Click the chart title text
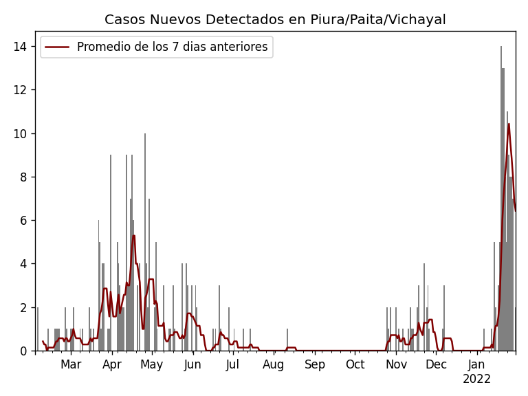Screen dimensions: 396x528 click(x=275, y=20)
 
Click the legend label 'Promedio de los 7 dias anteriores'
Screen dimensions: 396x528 click(x=172, y=47)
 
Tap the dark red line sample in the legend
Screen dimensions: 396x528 click(x=58, y=47)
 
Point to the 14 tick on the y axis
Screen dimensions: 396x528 click(x=20, y=47)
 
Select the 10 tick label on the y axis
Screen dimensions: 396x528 click(x=20, y=133)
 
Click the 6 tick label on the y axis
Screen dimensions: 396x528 click(x=23, y=221)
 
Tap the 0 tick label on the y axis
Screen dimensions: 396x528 click(x=23, y=351)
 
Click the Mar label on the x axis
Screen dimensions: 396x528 click(x=71, y=365)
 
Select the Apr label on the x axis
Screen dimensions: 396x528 click(x=111, y=365)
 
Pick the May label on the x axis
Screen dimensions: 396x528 click(x=151, y=365)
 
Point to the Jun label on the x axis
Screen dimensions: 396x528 click(x=192, y=365)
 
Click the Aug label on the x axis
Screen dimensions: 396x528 click(x=274, y=365)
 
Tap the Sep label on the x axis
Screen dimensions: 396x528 click(x=314, y=365)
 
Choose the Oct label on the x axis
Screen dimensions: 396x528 click(x=355, y=365)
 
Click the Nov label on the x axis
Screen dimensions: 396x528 click(x=396, y=365)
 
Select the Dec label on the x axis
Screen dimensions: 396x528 click(x=436, y=365)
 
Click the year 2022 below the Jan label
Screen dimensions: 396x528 click(x=476, y=379)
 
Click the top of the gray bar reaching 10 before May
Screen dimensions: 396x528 click(x=145, y=135)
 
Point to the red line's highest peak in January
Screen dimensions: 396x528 click(x=509, y=124)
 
